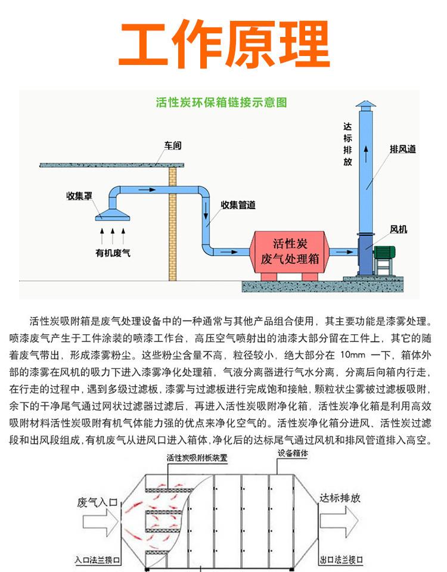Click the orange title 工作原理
[223, 45]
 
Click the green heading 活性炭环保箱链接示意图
[221, 102]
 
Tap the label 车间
[173, 145]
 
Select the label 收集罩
[77, 195]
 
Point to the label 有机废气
[113, 252]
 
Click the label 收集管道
[238, 205]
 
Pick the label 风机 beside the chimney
[399, 229]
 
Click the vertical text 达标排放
[347, 144]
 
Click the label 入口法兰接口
[98, 560]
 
